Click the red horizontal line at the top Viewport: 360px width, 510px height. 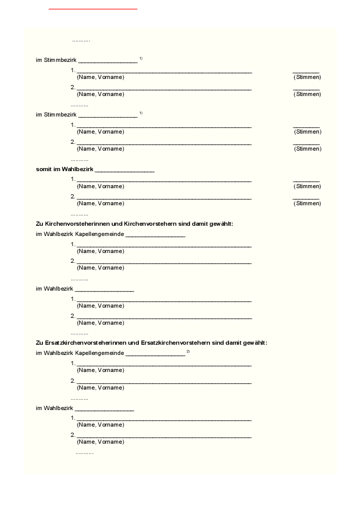[x=93, y=9]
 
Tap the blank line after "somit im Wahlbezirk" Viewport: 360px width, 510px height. [x=125, y=171]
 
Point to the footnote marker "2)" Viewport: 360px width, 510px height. [x=188, y=351]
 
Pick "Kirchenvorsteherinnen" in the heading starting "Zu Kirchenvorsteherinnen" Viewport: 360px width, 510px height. [x=76, y=224]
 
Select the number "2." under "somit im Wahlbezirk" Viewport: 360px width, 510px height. [x=73, y=196]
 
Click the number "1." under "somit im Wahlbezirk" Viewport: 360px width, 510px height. [x=73, y=179]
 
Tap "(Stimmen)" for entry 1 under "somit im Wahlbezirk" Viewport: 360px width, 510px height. [x=307, y=186]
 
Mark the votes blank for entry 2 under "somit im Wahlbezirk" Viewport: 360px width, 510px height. [x=306, y=198]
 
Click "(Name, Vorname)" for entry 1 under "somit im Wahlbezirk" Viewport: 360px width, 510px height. [x=100, y=186]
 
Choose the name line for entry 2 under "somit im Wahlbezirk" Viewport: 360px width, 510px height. [x=164, y=198]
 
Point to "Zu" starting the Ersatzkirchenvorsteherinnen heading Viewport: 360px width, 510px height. [x=39, y=343]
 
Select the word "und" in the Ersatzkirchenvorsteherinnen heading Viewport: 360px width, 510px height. [x=133, y=343]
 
